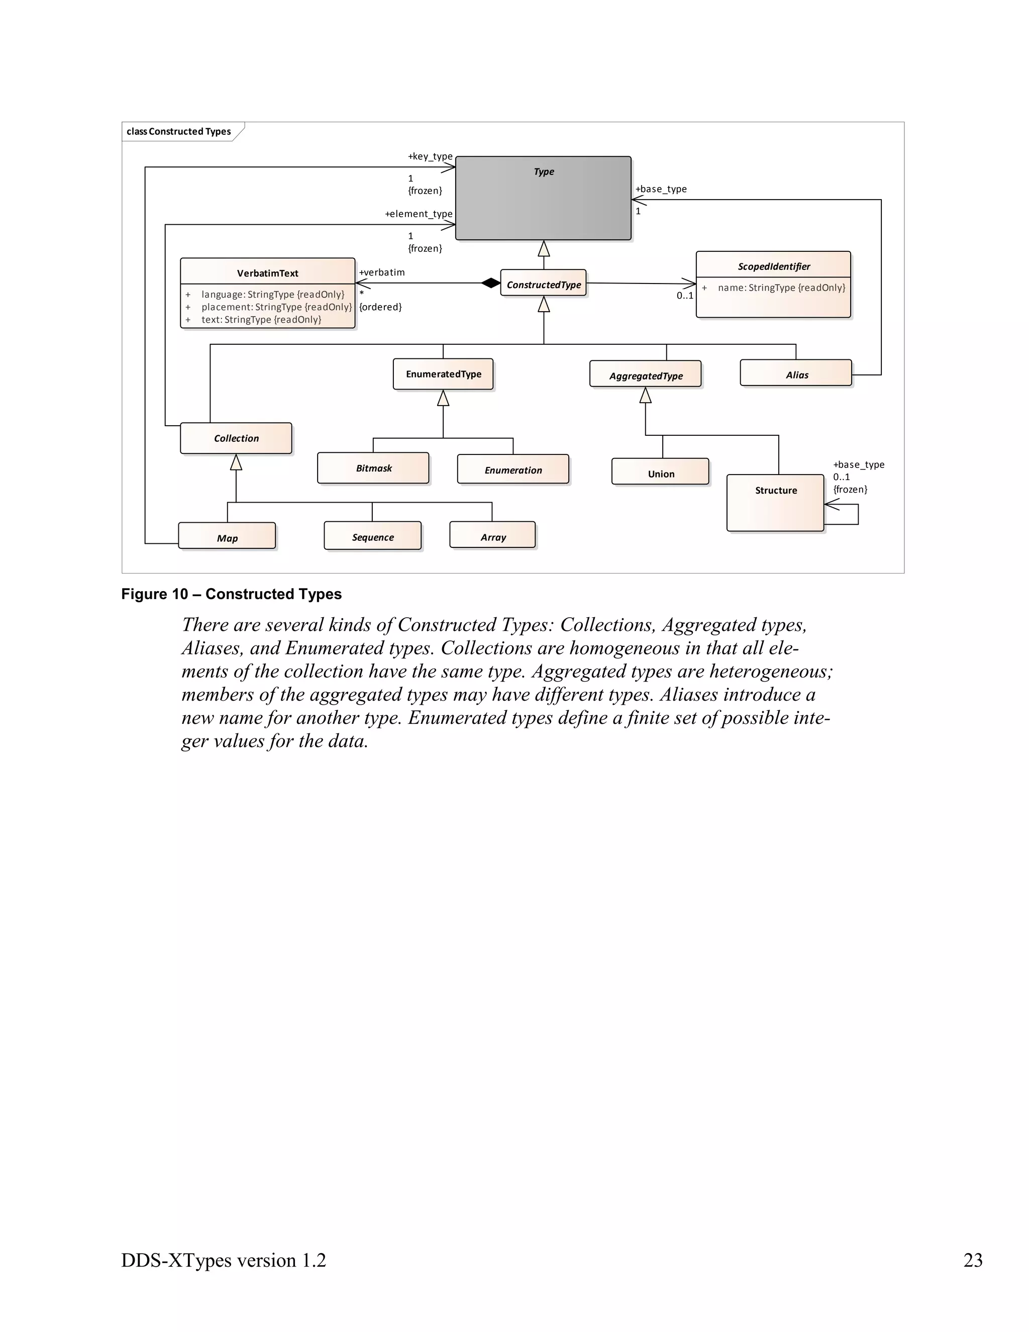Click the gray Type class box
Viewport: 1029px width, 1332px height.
coord(543,198)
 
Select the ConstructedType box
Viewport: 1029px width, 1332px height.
coord(543,284)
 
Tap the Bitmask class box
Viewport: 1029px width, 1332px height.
coord(373,468)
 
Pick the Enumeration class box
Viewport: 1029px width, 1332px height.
coord(512,469)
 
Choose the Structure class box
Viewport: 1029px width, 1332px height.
coord(775,503)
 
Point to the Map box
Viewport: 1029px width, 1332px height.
coord(227,537)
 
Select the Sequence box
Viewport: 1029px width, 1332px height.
coord(372,536)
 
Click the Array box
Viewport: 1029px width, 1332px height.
coord(492,536)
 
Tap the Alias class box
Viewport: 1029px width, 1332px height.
coord(795,374)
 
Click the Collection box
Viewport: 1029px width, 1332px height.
coord(236,438)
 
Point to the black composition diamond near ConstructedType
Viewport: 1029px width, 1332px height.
coord(491,283)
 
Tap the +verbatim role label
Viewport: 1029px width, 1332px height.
coord(382,272)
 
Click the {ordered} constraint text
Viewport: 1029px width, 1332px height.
coord(380,307)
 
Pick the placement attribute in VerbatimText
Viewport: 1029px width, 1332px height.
coord(276,307)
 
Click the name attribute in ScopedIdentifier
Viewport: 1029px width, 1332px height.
coord(781,287)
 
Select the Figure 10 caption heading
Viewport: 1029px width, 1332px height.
coord(231,594)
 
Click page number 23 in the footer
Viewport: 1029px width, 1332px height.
coord(972,1260)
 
